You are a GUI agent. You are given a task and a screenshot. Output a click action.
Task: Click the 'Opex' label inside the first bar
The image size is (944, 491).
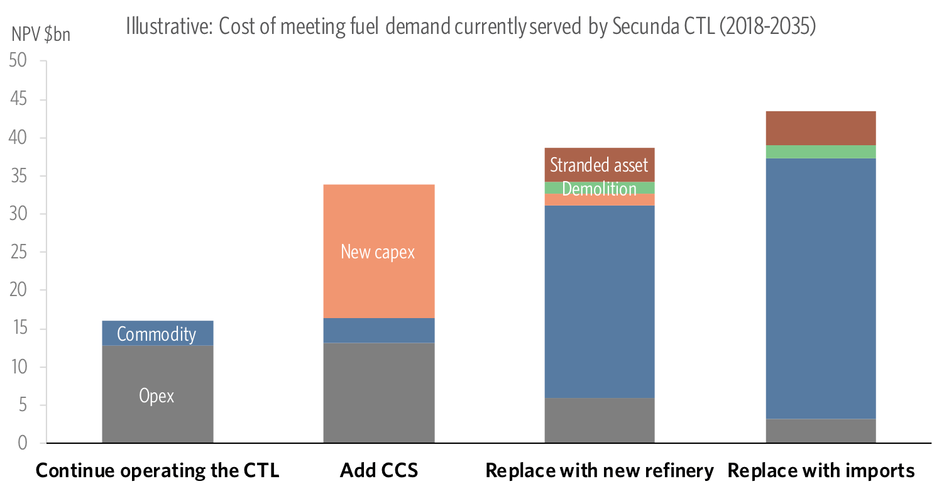tap(156, 395)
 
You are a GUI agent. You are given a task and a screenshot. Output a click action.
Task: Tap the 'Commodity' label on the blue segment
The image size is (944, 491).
tap(156, 334)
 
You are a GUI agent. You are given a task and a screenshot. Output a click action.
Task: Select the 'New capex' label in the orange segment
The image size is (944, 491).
tap(378, 251)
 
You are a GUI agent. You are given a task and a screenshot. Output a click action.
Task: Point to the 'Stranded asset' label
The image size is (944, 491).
tap(599, 165)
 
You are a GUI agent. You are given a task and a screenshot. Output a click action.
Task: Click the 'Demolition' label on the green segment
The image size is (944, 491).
tap(599, 189)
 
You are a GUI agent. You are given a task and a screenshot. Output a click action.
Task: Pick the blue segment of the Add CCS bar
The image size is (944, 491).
tap(379, 331)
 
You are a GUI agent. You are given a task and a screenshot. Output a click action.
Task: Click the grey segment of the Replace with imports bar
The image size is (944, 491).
tap(821, 431)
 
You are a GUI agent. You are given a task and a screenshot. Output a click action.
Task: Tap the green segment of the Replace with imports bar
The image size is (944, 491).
tap(821, 152)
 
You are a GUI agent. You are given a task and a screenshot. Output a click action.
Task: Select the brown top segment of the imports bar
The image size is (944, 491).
tap(821, 128)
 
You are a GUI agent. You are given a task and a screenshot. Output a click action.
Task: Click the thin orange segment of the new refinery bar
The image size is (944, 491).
tap(600, 200)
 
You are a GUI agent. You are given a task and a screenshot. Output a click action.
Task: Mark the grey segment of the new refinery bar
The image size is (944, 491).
tap(600, 421)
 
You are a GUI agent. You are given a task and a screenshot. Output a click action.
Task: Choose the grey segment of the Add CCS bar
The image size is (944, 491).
tap(379, 393)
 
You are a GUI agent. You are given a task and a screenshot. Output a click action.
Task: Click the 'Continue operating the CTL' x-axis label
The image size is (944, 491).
tap(157, 470)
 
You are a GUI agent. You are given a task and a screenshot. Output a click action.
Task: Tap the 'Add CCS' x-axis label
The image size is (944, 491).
tap(378, 470)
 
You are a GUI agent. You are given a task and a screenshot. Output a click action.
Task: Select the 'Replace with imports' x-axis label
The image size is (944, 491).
tap(821, 470)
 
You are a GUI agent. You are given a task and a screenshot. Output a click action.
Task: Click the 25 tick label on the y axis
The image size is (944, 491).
tap(18, 252)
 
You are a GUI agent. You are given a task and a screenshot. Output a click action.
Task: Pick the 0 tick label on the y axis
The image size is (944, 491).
tap(23, 443)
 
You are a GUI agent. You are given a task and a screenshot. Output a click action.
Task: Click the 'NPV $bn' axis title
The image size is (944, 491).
tap(41, 35)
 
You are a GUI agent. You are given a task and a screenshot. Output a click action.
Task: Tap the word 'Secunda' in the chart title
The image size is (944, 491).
tap(645, 26)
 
